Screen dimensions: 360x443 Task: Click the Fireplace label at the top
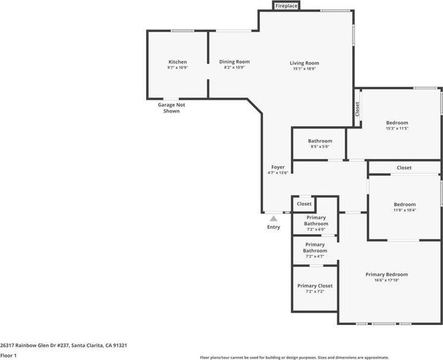(x=286, y=6)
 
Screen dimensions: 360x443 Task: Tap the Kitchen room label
(x=177, y=62)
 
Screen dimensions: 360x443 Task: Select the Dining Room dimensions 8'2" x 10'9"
(x=234, y=68)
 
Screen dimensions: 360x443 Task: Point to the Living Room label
(x=304, y=63)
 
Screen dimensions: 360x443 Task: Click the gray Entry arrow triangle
(x=274, y=219)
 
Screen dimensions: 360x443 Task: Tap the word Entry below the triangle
(x=274, y=228)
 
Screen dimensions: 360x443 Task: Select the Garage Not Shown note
(x=171, y=108)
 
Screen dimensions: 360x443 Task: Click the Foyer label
(x=278, y=168)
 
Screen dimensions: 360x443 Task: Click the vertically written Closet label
(x=357, y=109)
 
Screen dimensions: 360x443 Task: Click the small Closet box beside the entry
(x=304, y=204)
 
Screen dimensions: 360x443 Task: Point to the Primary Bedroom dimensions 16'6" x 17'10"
(x=387, y=280)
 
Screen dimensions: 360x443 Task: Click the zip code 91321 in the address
(x=120, y=345)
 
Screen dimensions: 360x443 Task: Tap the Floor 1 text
(x=8, y=355)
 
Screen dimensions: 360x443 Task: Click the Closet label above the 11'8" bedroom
(x=404, y=168)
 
